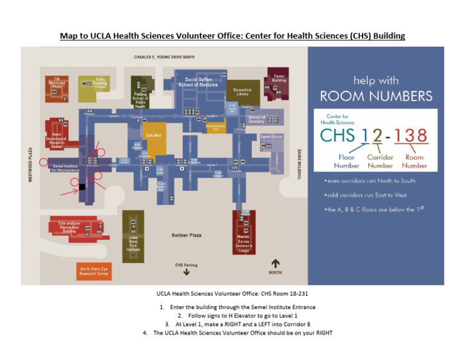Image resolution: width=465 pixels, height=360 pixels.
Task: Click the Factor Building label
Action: pos(279,79)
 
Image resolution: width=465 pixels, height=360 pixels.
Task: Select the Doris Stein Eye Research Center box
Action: pos(94,271)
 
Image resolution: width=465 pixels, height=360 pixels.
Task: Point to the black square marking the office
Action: pos(82,187)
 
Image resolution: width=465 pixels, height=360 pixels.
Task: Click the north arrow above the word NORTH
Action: pos(275,263)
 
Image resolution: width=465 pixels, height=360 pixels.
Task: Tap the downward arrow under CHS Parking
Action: pos(186,273)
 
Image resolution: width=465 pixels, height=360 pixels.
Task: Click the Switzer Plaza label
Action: pos(186,235)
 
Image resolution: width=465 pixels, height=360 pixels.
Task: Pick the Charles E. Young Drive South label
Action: pos(164,57)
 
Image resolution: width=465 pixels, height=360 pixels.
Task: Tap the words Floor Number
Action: pos(346,161)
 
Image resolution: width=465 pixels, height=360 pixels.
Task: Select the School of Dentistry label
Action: pos(257,119)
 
